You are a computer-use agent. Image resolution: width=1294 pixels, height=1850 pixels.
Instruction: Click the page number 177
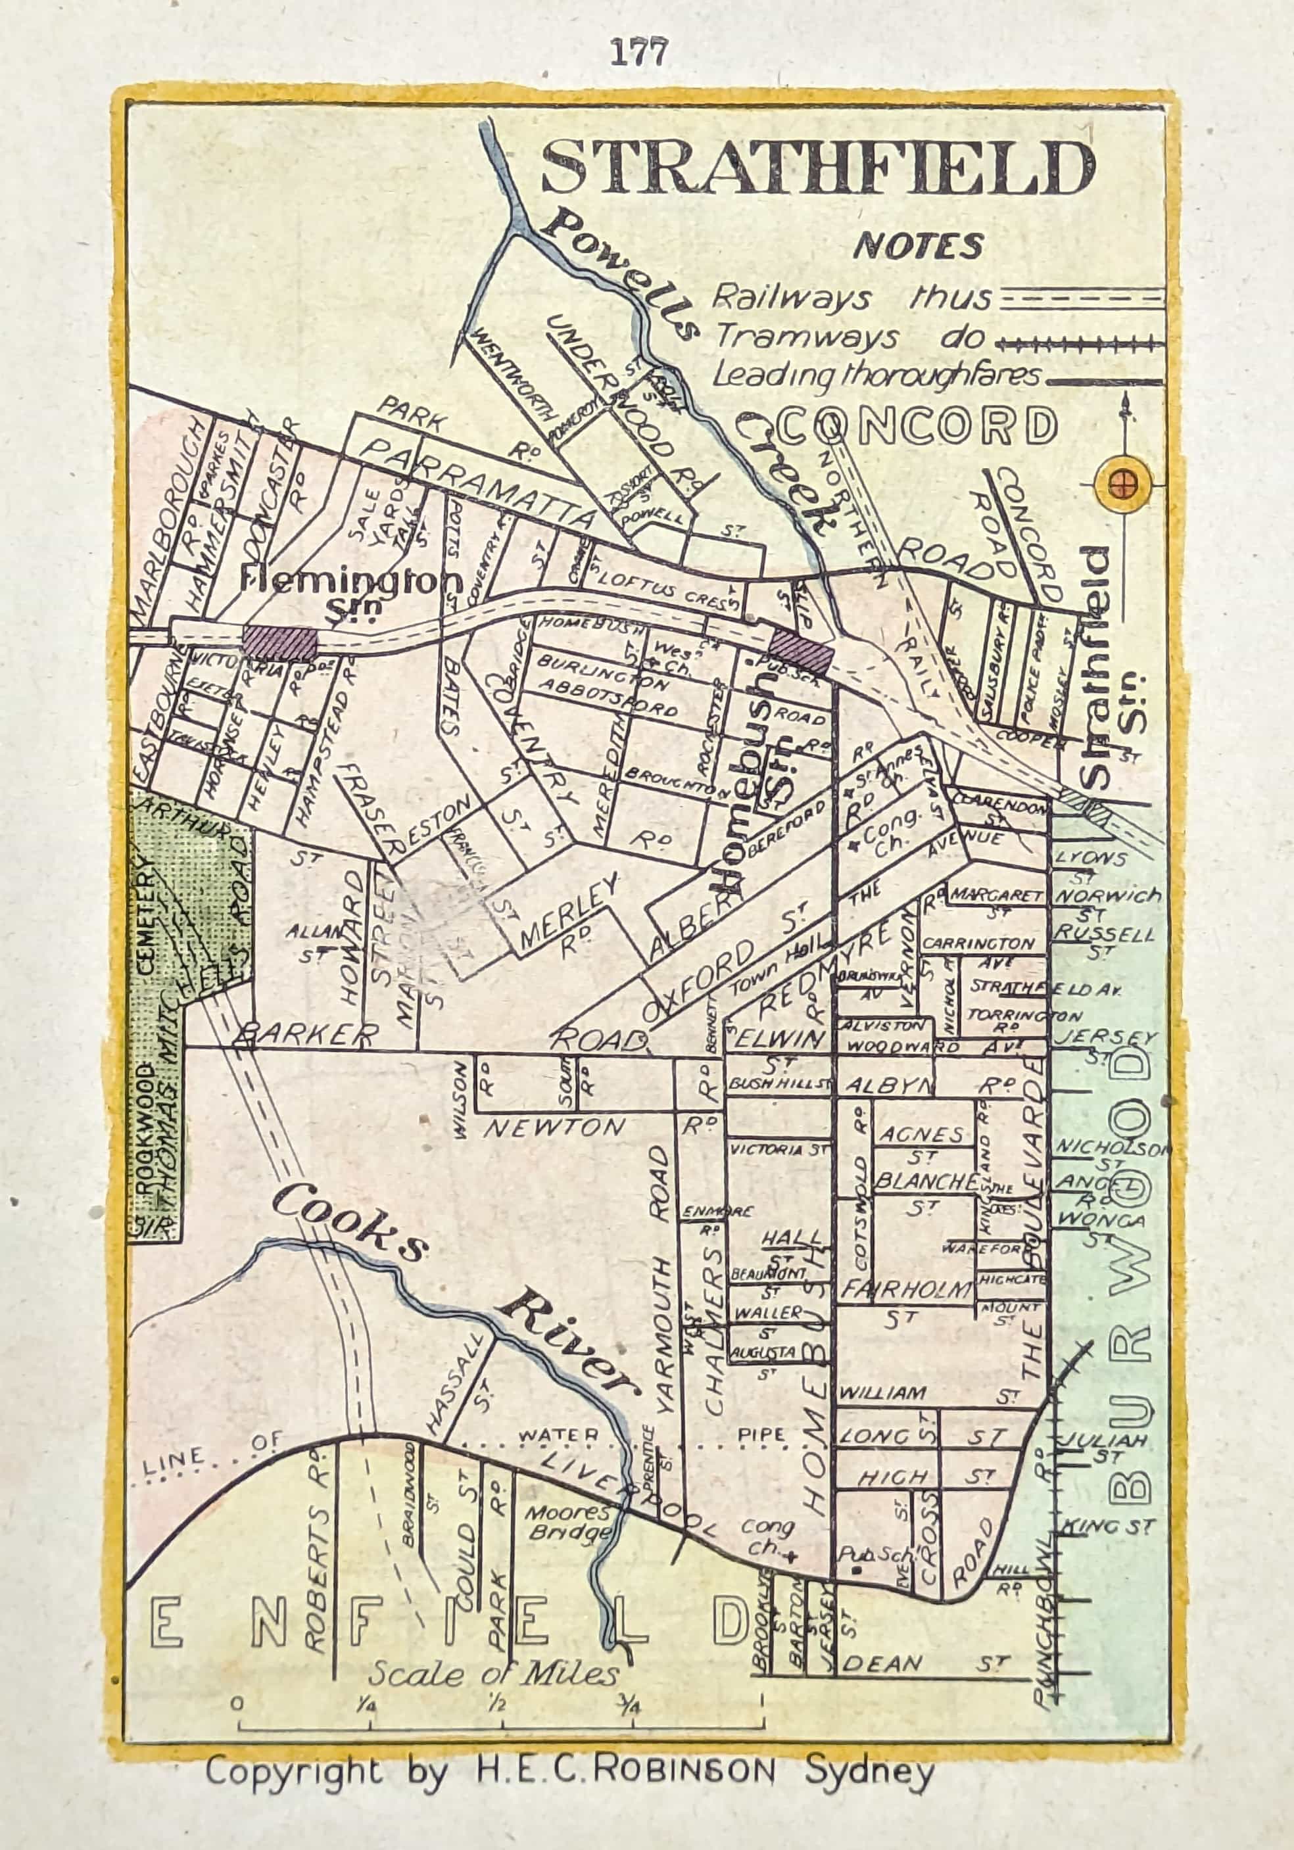tap(639, 53)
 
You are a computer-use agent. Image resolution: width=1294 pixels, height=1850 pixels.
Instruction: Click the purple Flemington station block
tap(279, 644)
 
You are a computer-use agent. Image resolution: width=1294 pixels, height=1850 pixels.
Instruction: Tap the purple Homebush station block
tap(800, 652)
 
